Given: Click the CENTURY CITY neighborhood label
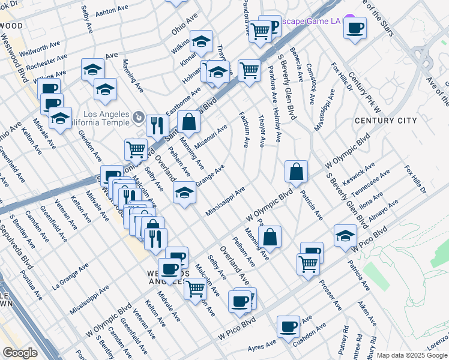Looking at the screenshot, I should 385,121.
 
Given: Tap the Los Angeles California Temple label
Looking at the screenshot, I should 106,119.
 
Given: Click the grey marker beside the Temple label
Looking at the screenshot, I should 138,116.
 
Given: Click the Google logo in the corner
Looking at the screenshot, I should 20,353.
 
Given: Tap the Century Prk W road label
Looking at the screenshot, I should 364,94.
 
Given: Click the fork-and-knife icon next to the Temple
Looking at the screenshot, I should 157,125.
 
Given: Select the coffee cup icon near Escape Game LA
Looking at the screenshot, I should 355,26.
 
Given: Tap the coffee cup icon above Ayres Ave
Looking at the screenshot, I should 289,326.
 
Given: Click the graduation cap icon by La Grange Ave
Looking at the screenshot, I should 184,192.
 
